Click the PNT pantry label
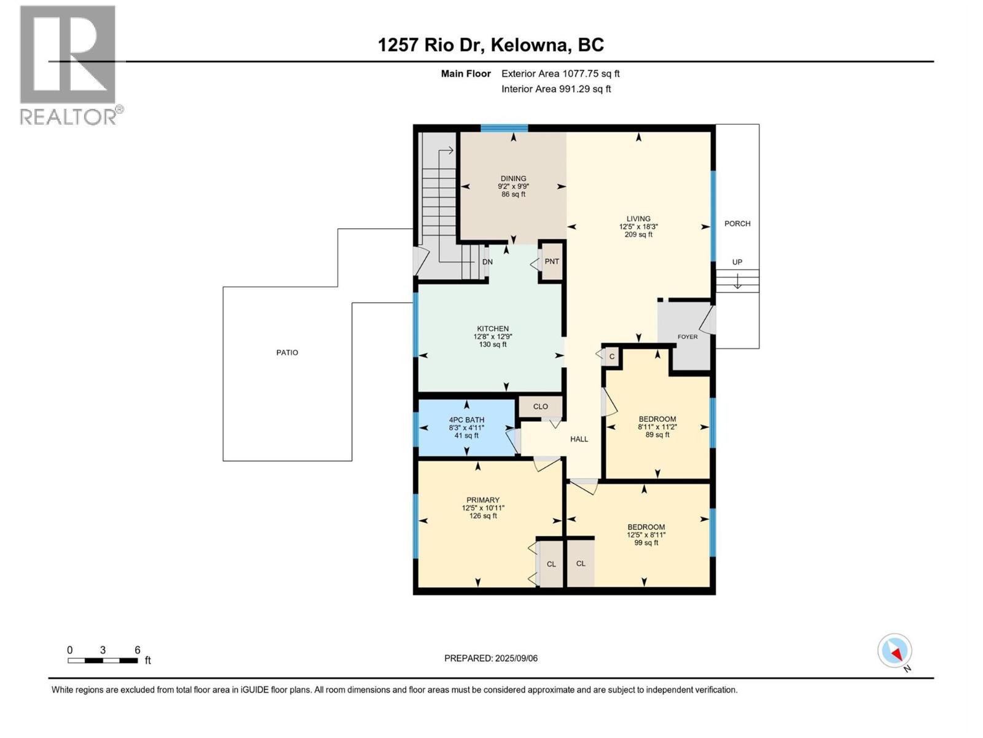tap(552, 261)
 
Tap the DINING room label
tap(513, 178)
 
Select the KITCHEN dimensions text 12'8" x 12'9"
tap(493, 336)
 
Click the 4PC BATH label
tap(466, 420)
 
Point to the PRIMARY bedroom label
tap(483, 500)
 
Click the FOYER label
tap(687, 336)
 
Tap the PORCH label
tap(737, 223)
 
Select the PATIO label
tap(287, 352)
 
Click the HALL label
tap(579, 439)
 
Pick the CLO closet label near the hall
tap(541, 407)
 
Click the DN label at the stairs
tap(487, 262)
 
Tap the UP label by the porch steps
tap(737, 262)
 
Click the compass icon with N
tap(895, 651)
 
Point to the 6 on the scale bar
tap(138, 650)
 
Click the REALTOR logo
tap(69, 65)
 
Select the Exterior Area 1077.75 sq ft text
tap(560, 74)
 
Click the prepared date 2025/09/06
tap(515, 658)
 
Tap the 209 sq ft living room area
tap(638, 234)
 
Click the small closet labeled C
tap(612, 357)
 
